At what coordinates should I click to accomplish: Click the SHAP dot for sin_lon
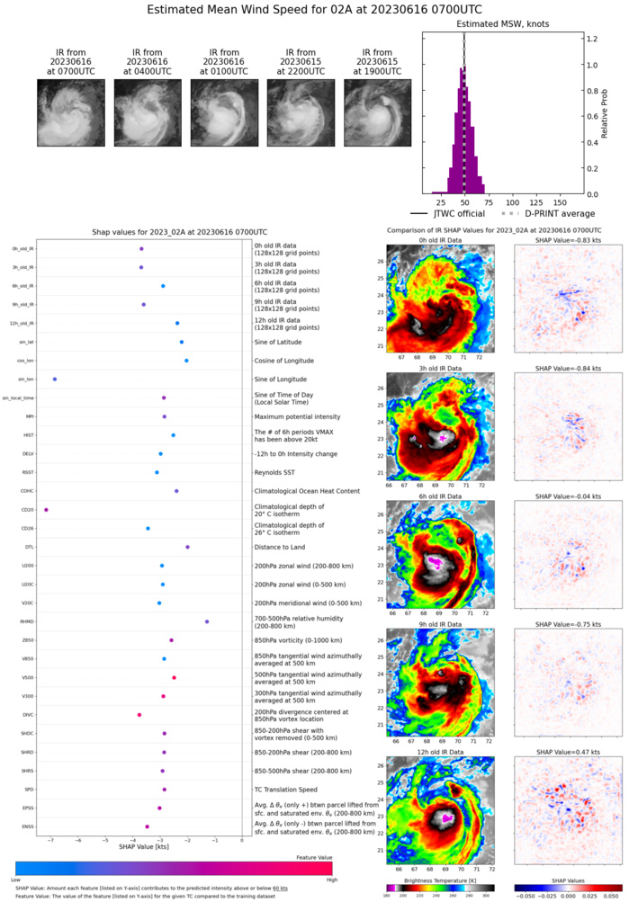pyautogui.click(x=55, y=380)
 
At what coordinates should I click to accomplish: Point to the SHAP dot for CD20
pyautogui.click(x=46, y=510)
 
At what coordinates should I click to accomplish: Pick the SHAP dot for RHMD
pyautogui.click(x=207, y=621)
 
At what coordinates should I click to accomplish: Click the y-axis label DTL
pyautogui.click(x=30, y=547)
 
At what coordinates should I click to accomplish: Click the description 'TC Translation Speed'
pyautogui.click(x=290, y=790)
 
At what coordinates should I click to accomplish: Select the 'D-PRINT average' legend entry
pyautogui.click(x=540, y=213)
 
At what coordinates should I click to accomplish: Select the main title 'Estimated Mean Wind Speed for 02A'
pyautogui.click(x=314, y=12)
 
